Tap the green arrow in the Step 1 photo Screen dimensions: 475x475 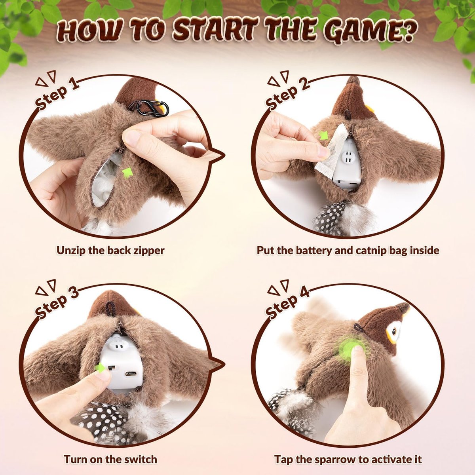click(x=127, y=173)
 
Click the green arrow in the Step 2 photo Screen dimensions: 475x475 click(x=324, y=135)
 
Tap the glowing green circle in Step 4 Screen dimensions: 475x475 click(x=348, y=349)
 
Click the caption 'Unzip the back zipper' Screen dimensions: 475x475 click(x=110, y=250)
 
